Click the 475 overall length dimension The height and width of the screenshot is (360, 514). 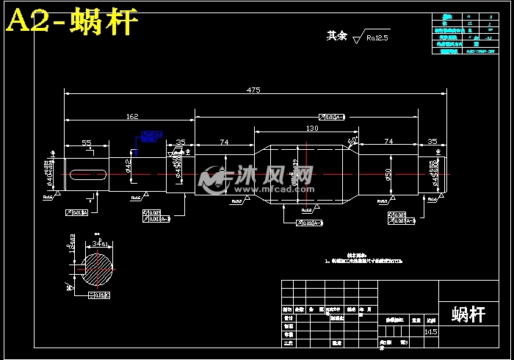point(253,90)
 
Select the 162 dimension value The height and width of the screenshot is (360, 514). point(132,115)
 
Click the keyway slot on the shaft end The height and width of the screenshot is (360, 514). point(89,174)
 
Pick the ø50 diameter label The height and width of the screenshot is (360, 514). point(388,174)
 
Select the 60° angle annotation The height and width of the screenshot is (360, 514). point(352,140)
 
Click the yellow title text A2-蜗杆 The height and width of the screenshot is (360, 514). point(72,22)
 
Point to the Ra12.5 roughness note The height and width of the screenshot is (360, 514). point(376,37)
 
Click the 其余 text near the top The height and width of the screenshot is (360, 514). point(336,35)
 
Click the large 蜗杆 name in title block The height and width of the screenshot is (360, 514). point(468,314)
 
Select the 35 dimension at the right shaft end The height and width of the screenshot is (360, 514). point(432,141)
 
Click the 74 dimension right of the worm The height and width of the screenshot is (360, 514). point(388,141)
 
